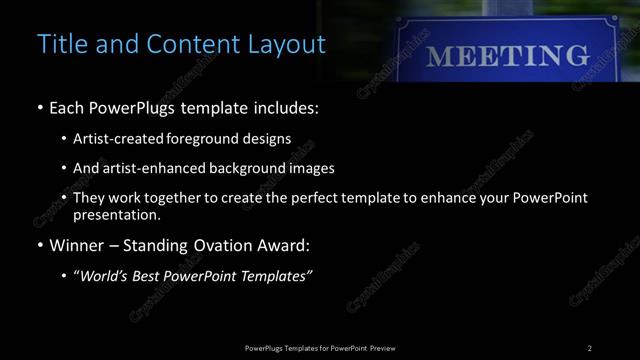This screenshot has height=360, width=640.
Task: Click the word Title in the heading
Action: click(x=60, y=45)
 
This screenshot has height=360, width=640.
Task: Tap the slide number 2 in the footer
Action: click(x=589, y=347)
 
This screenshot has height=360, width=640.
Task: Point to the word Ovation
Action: click(x=220, y=244)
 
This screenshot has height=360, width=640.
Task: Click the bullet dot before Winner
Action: click(x=39, y=245)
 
